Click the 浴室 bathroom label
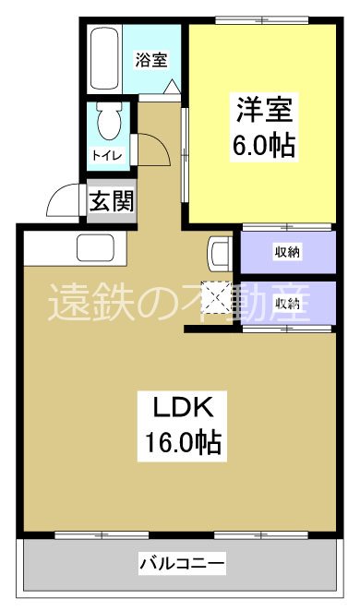(x=152, y=60)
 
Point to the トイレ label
(x=104, y=156)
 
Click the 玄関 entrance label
(x=112, y=202)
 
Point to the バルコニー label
(x=183, y=561)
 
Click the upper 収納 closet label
(x=286, y=252)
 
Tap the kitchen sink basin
(x=94, y=248)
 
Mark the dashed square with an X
(x=221, y=297)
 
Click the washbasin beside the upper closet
(x=220, y=252)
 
